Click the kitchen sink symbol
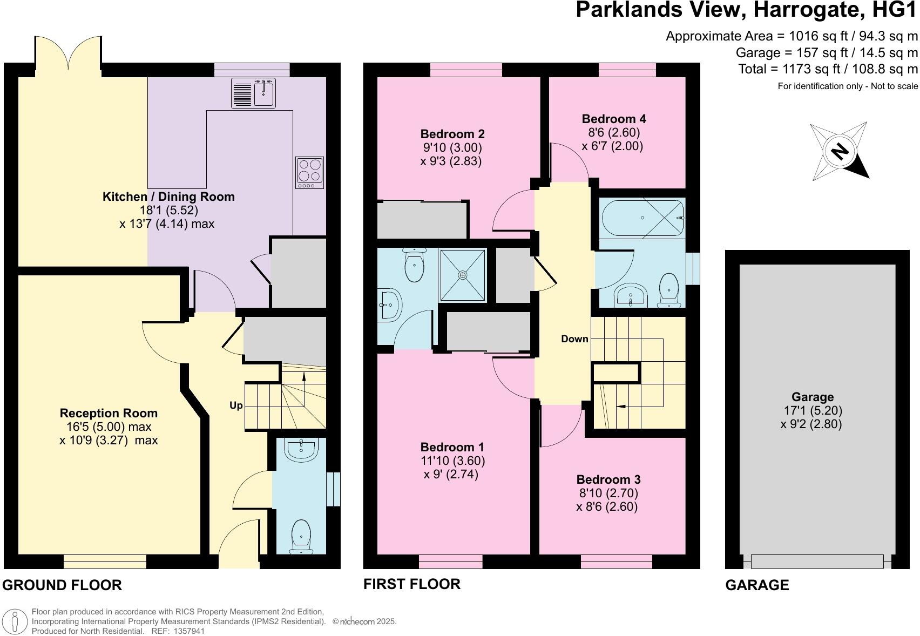pos(253,93)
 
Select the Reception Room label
pos(109,413)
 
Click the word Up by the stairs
pos(236,405)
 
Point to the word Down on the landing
pos(574,339)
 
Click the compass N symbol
pos(839,151)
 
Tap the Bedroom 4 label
pos(614,119)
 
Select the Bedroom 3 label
pos(608,479)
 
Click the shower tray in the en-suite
pos(463,275)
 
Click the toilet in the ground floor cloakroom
pos(301,537)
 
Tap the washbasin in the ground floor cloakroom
pos(301,450)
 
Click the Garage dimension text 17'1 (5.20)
pos(813,410)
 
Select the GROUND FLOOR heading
pos(62,585)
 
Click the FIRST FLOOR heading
pos(412,584)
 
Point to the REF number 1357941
pos(189,631)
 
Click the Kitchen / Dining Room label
pos(168,197)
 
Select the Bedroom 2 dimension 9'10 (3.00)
pos(452,147)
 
